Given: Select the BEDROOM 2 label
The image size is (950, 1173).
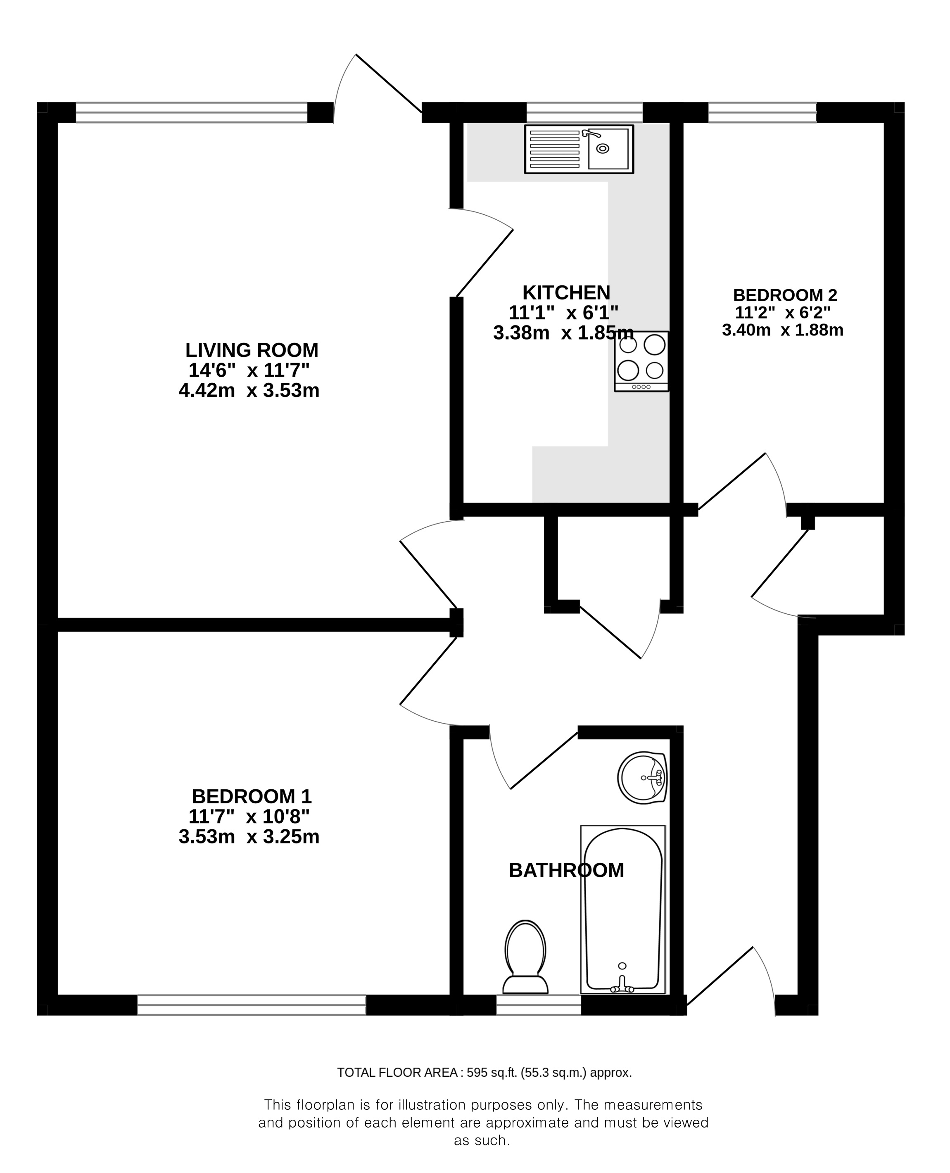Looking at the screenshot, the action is [785, 295].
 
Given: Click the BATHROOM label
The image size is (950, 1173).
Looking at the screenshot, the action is [566, 870].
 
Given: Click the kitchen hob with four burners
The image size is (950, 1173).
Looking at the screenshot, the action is [641, 361].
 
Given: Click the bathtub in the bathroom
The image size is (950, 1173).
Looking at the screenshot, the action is [623, 909].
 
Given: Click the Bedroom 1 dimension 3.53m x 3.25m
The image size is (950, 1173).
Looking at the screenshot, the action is [249, 836].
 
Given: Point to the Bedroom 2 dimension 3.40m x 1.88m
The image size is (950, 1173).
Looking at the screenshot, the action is [783, 330].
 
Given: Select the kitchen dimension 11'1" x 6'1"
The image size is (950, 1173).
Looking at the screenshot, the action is [564, 313].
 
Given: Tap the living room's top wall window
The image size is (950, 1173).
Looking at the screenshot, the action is [192, 112].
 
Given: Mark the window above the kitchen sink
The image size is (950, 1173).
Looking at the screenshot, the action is [584, 112].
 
